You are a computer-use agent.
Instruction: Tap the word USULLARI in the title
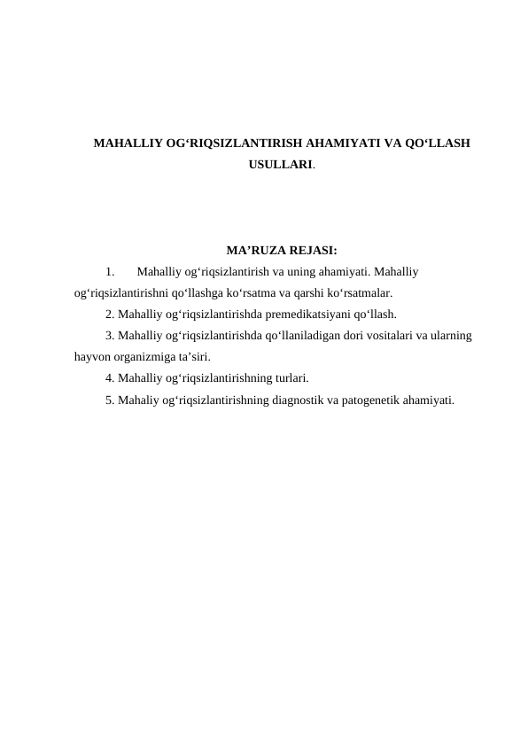[281, 164]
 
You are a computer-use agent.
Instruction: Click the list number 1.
[109, 271]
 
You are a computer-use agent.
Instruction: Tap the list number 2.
[109, 314]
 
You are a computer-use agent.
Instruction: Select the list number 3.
[109, 336]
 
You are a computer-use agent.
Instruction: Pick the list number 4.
[109, 378]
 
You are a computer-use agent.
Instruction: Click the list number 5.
[109, 400]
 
